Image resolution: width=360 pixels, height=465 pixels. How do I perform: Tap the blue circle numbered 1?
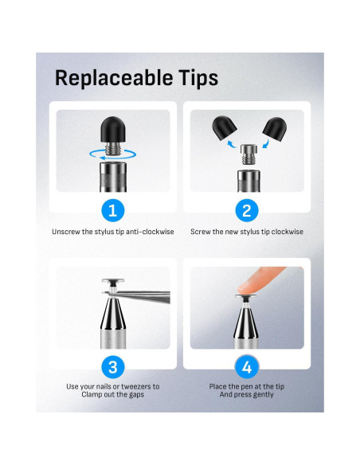click(x=112, y=210)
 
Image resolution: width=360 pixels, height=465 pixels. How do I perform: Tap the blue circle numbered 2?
click(x=246, y=210)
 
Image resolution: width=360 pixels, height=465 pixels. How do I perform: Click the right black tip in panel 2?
click(x=275, y=127)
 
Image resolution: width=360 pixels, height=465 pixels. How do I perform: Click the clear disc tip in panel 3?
click(x=112, y=281)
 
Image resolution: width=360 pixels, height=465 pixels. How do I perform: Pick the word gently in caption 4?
click(x=264, y=395)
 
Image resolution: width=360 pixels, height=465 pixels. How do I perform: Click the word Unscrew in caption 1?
click(x=66, y=232)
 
